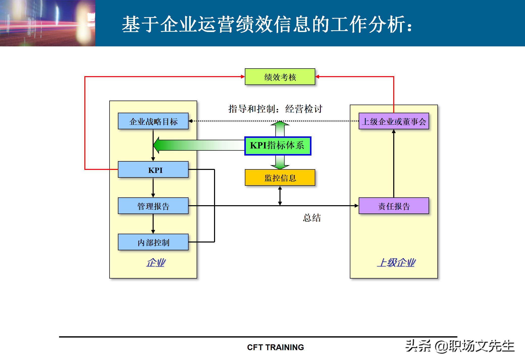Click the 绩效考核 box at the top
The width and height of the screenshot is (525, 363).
[x=280, y=77]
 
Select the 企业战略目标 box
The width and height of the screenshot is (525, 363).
[x=153, y=121]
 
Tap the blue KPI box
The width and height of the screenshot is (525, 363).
[x=153, y=170]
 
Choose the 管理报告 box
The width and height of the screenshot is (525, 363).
[x=153, y=206]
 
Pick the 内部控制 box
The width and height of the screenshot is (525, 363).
[x=153, y=242]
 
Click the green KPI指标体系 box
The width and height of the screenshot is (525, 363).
[x=278, y=146]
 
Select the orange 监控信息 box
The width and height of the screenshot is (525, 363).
[x=280, y=178]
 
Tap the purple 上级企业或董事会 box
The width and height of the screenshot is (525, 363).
[x=394, y=121]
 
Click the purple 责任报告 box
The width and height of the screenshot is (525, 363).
[x=394, y=206]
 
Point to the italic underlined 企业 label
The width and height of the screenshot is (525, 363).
[x=156, y=263]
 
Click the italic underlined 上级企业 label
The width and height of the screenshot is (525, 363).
[x=396, y=263]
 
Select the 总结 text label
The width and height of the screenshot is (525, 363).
[x=312, y=218]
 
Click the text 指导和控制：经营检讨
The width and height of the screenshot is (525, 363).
[x=275, y=109]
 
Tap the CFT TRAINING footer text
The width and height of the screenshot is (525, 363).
[x=275, y=347]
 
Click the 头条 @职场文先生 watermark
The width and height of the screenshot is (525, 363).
[x=460, y=346]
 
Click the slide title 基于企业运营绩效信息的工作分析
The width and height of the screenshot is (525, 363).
[x=267, y=24]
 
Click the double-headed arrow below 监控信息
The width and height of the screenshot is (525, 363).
[x=280, y=196]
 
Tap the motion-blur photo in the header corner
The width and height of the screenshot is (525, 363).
[x=47, y=23]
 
